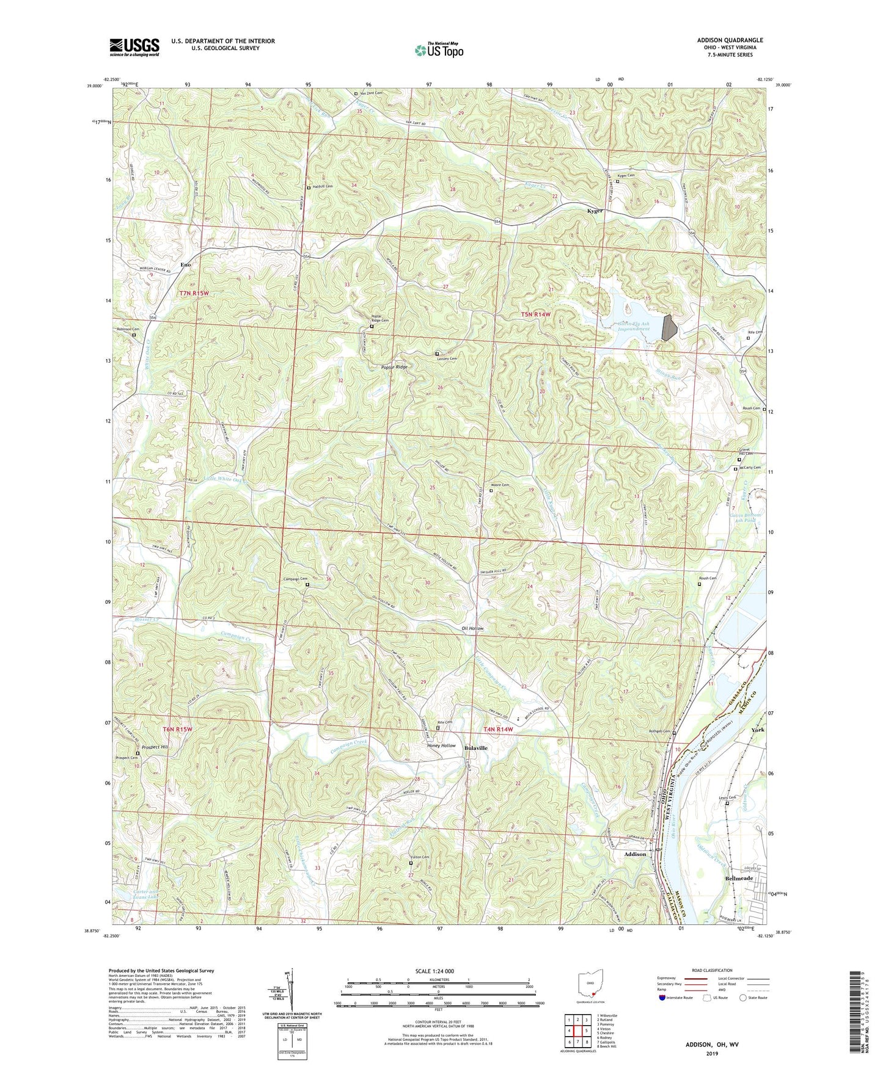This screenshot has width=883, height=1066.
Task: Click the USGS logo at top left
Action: [134, 47]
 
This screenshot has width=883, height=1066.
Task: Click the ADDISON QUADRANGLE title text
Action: [730, 40]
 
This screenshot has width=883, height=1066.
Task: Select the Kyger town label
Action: [595, 211]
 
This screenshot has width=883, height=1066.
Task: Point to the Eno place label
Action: [186, 265]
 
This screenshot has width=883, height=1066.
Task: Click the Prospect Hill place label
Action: [155, 747]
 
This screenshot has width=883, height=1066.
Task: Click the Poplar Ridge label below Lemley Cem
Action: [394, 367]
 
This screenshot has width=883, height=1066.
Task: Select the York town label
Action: [758, 730]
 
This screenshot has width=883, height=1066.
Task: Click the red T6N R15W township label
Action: [177, 729]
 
